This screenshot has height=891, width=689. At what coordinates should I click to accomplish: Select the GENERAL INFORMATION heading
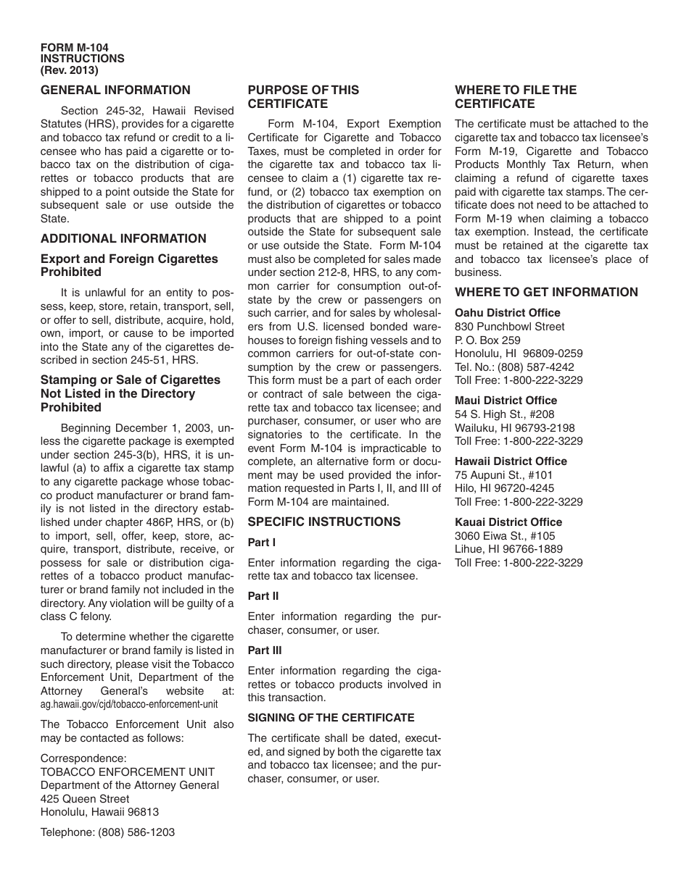(x=115, y=91)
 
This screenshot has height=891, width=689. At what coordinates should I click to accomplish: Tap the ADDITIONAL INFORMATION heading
(x=123, y=238)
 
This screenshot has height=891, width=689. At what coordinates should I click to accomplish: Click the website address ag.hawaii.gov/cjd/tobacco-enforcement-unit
(x=129, y=704)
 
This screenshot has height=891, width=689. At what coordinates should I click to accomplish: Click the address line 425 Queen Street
(x=85, y=799)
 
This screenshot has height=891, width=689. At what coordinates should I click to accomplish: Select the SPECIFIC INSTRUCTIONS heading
(x=323, y=522)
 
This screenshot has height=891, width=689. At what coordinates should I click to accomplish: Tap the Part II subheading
(x=263, y=596)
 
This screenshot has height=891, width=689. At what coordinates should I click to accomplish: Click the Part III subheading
(x=265, y=651)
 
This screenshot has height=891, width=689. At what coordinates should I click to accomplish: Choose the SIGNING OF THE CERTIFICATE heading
(x=331, y=718)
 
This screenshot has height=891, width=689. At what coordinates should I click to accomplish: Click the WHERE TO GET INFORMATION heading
(x=546, y=293)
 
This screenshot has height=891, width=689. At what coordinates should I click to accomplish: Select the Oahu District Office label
(x=507, y=313)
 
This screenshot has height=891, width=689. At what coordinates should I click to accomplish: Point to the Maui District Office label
(x=506, y=401)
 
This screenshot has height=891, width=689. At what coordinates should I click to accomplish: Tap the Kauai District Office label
(x=508, y=522)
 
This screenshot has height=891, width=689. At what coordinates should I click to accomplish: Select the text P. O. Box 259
(x=487, y=340)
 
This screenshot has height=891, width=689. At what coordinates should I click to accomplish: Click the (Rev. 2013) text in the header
(x=70, y=70)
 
